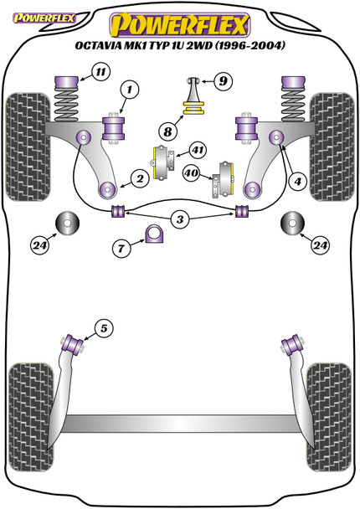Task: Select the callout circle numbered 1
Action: point(129,88)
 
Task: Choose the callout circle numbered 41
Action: point(197,151)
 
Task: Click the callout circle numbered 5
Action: point(102,328)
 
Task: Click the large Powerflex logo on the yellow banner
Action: point(180,23)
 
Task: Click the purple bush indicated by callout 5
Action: point(72,342)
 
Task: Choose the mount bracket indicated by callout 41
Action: point(163,157)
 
